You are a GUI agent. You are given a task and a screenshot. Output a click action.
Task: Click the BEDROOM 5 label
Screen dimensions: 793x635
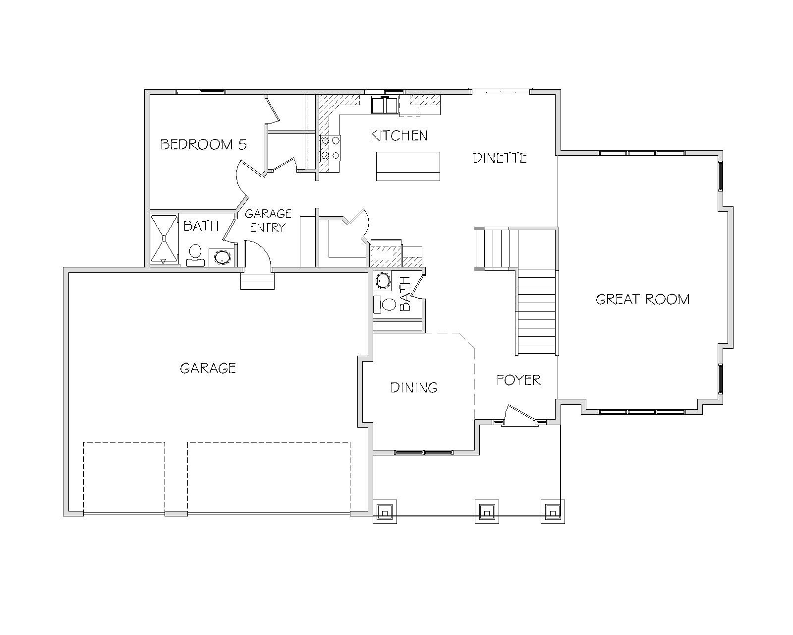pos(203,144)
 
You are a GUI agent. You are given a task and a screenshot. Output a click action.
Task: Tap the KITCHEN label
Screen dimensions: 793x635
pos(399,135)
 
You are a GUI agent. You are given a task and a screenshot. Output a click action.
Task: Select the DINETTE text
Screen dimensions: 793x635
pos(500,158)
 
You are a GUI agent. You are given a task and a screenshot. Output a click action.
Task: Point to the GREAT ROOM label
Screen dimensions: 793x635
pos(643,299)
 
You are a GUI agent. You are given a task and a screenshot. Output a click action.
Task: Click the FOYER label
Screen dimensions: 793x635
pos(518,380)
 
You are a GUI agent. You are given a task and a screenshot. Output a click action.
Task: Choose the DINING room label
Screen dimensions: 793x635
pos(414,387)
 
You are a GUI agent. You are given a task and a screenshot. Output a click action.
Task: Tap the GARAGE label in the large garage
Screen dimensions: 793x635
pos(208,368)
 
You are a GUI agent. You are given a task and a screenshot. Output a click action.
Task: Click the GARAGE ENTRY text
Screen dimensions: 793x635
pos(268,221)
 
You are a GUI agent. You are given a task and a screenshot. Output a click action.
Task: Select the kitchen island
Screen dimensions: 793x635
pos(408,166)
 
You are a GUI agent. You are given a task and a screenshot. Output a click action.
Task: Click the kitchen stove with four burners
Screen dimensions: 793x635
pos(330,148)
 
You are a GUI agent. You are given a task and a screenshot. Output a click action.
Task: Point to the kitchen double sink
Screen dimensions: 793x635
pos(385,105)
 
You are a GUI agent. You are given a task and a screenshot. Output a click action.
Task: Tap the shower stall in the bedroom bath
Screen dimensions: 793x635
pos(165,239)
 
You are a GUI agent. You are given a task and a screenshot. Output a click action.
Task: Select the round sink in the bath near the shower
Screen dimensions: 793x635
pos(222,257)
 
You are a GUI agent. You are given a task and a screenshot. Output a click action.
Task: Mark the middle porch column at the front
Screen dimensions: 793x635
pos(487,512)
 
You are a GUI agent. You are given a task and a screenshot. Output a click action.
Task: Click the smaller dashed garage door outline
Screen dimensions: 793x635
pos(124,477)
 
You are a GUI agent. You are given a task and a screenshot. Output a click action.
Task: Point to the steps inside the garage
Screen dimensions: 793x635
pos(258,281)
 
